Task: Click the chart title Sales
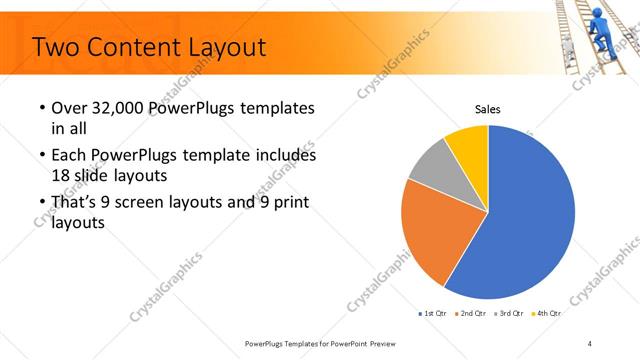[487, 109]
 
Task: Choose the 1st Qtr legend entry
[433, 313]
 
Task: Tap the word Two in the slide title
[58, 46]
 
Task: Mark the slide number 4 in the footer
[590, 343]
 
